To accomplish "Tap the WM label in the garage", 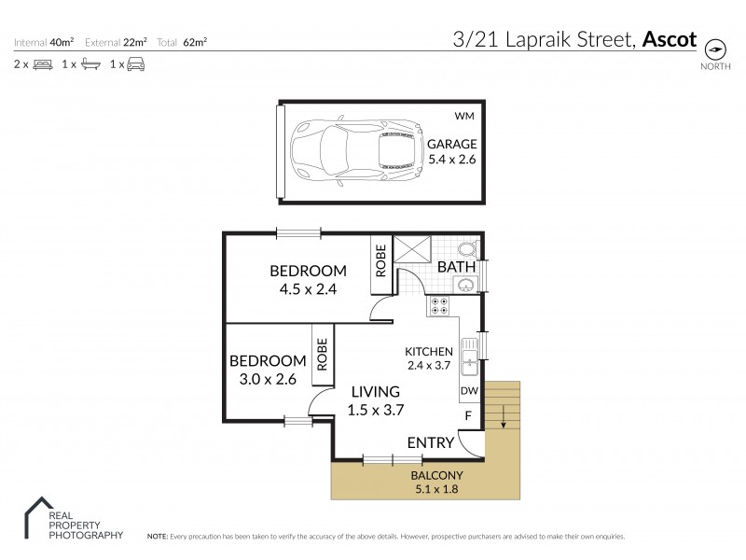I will coord(463,117).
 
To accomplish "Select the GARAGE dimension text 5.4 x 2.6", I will coord(451,160).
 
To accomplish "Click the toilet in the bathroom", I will coord(467,249).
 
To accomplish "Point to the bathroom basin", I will coord(467,284).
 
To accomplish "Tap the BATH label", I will coord(457,268).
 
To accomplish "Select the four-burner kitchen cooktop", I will coord(439,306).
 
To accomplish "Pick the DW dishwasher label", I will coord(469,391).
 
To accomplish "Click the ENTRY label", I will coord(430,442).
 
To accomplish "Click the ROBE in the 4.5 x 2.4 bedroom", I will coord(380,260).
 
